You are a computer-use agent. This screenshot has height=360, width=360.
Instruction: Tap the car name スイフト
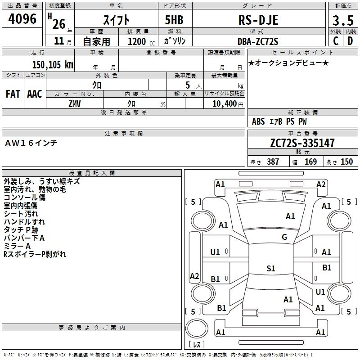[117, 20]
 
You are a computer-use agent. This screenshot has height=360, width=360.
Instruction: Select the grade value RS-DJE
[258, 20]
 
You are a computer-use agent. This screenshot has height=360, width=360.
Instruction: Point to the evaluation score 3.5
[342, 21]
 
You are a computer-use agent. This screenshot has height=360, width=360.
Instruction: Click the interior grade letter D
[350, 41]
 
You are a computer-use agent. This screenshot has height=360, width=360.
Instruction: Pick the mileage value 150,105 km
[52, 64]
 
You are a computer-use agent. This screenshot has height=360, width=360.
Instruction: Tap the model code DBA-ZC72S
[258, 41]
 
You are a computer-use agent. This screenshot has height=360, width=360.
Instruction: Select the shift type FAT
[13, 94]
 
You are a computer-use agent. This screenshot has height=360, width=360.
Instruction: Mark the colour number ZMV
[75, 103]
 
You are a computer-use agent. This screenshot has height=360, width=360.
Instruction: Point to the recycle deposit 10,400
[224, 103]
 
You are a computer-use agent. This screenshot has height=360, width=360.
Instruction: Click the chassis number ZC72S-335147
[302, 144]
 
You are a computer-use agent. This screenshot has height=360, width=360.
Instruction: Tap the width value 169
[310, 162]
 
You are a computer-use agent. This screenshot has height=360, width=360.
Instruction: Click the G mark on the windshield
[284, 237]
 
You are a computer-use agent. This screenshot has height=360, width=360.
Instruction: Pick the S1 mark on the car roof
[270, 269]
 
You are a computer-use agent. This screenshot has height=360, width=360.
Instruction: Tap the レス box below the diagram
[197, 345]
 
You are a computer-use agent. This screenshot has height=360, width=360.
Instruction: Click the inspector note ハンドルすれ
[24, 222]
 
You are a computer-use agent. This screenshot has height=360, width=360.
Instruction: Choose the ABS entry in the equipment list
[258, 121]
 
